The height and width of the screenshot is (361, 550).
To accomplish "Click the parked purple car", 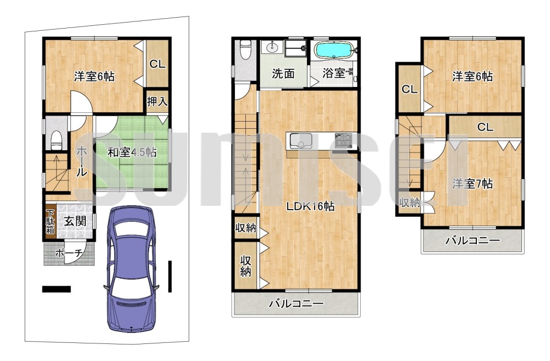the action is point(131,269).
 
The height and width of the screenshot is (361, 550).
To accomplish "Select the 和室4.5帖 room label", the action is point(132,152).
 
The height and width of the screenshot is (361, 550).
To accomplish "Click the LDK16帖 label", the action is point(310,206).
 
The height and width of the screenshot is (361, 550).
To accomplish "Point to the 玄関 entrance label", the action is point(75,221).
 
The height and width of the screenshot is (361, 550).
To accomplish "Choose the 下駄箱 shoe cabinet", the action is point(51,222).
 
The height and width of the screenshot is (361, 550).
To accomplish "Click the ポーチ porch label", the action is point(69,253).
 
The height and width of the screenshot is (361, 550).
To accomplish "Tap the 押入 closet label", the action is point(157,101).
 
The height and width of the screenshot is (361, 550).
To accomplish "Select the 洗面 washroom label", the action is point(283,74).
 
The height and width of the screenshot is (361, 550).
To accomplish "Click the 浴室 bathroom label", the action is point(333,73).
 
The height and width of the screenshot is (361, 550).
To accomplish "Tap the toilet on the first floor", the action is point(56,140).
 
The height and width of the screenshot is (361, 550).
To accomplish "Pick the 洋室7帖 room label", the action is point(472,183).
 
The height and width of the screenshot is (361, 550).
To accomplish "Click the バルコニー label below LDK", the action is point(296,303).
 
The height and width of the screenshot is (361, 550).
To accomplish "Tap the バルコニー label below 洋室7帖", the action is point(472,240).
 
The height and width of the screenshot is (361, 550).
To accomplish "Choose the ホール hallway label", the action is point(81,162).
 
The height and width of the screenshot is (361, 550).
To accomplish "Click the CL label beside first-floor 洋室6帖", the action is point(157,64).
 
